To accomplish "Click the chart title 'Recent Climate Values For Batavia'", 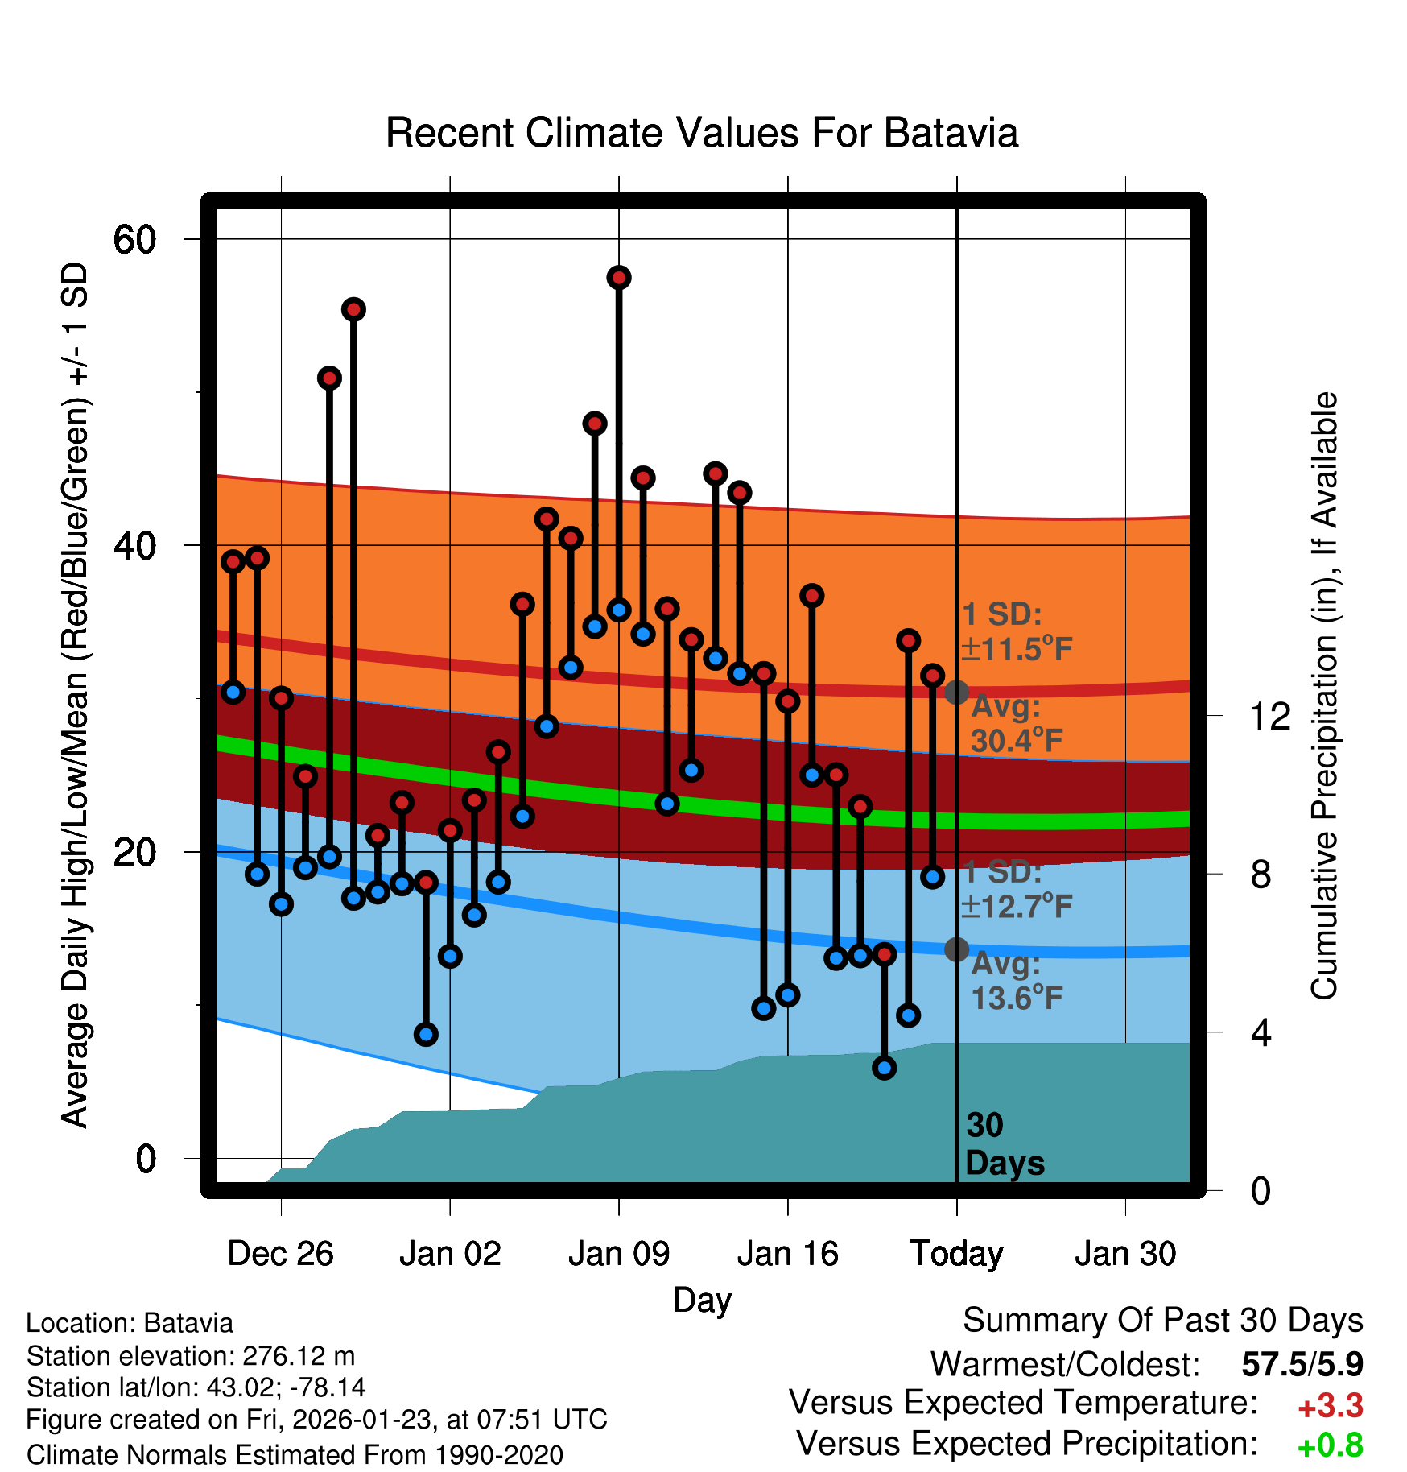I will pos(702,134).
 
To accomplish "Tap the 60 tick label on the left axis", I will pos(134,239).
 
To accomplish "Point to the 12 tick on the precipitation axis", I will pos(1269,716).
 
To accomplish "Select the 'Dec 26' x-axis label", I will pos(280,1254).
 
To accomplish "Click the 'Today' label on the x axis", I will pos(956,1254).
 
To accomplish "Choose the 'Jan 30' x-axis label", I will pos(1125,1254).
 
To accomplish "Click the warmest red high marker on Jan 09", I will pos(619,278).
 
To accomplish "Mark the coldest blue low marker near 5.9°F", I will pos(885,1068).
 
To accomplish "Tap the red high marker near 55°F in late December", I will pos(353,309).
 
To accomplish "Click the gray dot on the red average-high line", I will pos(956,692).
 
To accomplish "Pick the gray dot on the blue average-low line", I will pos(956,949).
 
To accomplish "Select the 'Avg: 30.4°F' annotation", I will pos(1016,724).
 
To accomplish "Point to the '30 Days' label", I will pos(1004,1144).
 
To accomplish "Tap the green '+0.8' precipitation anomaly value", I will pos(1330,1446).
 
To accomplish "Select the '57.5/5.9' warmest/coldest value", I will pos(1302,1365).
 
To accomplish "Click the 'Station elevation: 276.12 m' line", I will pos(191,1357).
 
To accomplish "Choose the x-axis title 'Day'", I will pos(702,1300).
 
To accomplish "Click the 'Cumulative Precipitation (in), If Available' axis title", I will pos(1324,696).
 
